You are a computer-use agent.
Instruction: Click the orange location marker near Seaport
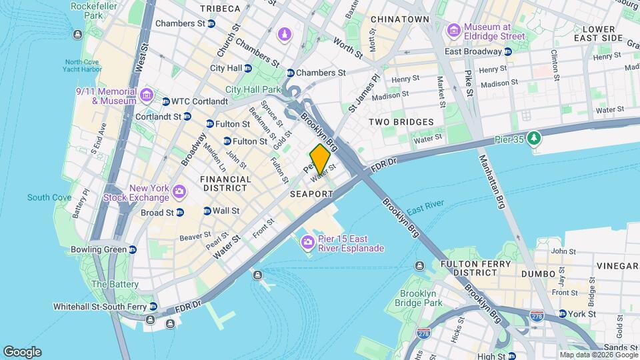[319, 158]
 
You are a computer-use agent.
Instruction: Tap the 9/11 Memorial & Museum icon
[147, 96]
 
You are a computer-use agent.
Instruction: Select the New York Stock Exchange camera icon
[179, 193]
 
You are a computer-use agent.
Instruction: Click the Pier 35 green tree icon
[533, 138]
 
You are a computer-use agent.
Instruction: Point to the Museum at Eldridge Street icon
[454, 31]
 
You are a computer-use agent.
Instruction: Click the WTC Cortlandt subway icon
[166, 101]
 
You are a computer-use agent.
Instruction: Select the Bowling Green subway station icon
[133, 250]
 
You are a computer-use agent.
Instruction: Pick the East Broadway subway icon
[508, 51]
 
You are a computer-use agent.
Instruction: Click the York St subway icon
[562, 313]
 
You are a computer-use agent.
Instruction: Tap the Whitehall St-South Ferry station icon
[153, 307]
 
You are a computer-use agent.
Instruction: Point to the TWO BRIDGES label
[401, 122]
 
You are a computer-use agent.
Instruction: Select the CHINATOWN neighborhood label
[399, 19]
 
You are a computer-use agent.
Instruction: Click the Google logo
[22, 351]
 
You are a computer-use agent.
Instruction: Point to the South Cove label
[49, 197]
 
